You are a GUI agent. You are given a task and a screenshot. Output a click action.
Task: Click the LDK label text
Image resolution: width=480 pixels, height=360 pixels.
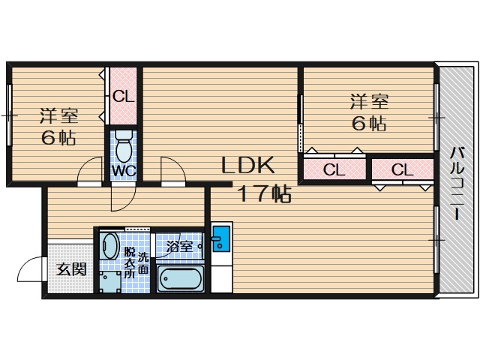247,165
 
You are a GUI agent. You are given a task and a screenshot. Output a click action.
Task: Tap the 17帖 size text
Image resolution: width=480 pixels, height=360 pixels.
265,193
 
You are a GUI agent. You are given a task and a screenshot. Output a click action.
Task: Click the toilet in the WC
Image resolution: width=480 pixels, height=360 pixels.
124,146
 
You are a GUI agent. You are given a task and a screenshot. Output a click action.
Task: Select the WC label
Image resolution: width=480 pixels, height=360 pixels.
124,171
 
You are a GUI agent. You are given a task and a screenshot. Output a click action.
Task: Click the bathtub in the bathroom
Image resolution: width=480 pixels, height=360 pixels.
180,279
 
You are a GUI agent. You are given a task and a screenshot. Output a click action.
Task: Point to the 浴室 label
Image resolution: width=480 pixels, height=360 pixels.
179,247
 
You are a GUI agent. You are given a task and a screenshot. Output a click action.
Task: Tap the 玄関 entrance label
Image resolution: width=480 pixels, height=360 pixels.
72,269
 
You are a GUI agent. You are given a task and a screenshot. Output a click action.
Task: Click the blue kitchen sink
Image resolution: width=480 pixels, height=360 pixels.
221,238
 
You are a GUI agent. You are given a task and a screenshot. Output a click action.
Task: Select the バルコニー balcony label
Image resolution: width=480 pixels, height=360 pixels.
457,183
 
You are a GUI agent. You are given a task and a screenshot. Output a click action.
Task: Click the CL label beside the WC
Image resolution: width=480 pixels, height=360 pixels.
123,97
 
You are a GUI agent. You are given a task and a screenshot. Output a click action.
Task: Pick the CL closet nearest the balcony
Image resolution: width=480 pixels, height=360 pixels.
402,169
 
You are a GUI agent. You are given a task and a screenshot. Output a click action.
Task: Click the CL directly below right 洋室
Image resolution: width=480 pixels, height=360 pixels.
334,169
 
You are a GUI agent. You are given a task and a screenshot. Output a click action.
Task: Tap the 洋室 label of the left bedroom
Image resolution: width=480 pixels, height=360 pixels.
59,116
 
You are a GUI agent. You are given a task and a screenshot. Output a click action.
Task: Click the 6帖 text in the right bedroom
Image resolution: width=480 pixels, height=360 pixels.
369,123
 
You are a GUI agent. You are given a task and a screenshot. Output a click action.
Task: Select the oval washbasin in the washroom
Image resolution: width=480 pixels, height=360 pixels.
109,246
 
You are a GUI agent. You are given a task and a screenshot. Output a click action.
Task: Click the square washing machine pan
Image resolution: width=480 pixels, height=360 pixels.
110,282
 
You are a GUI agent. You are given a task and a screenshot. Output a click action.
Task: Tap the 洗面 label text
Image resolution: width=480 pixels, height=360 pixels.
143,263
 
